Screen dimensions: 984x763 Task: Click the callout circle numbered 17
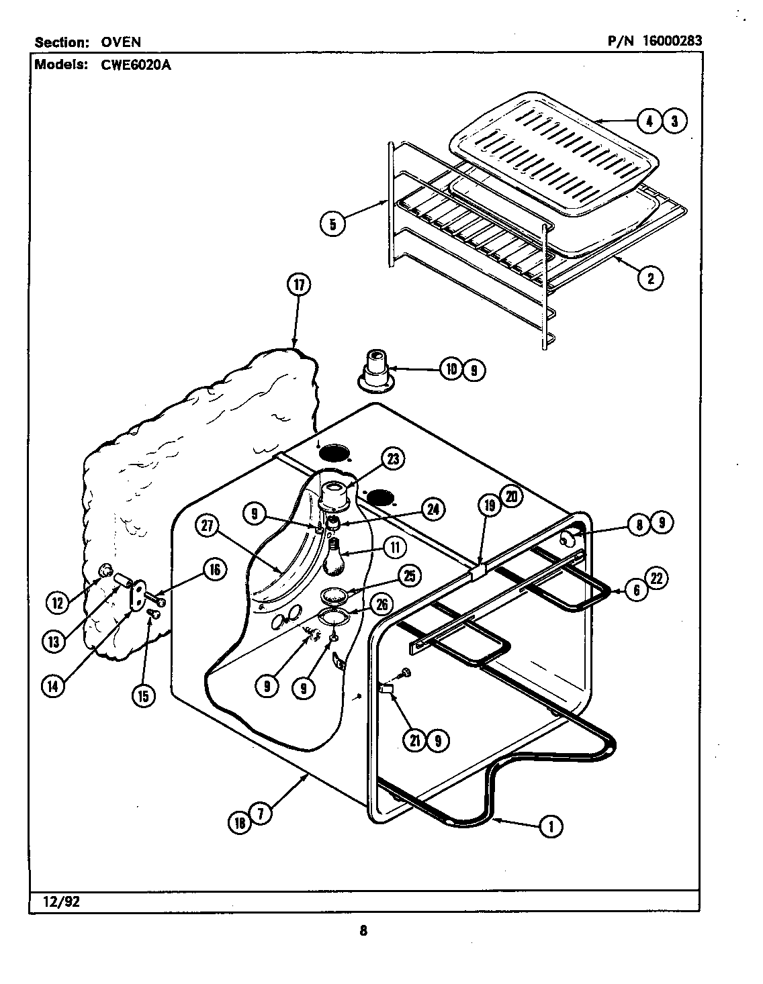(298, 285)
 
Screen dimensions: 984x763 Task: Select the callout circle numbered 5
(332, 224)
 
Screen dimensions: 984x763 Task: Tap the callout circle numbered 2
(649, 277)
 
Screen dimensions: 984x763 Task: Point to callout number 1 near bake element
(551, 826)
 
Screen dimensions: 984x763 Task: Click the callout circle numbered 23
(393, 459)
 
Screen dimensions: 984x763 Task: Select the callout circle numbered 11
(394, 548)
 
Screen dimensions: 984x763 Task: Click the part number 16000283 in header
(672, 41)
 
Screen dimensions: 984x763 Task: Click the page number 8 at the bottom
(363, 930)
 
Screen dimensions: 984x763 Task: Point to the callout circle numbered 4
(648, 121)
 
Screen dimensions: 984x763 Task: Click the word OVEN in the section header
(121, 42)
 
